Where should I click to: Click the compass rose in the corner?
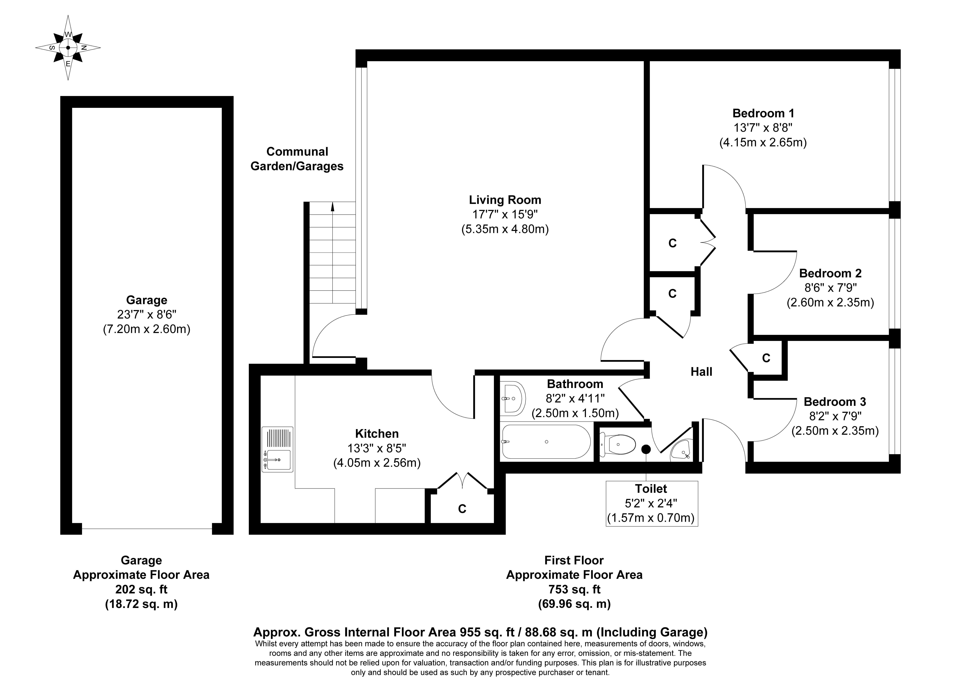(68, 48)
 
